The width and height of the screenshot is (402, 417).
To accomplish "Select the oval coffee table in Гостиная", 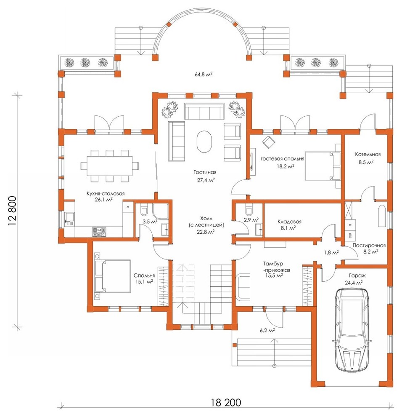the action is [204, 141].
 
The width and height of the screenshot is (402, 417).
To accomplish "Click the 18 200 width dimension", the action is [226, 402].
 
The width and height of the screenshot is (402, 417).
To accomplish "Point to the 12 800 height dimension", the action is [12, 211].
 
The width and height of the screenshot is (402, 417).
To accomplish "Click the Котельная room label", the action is [368, 154].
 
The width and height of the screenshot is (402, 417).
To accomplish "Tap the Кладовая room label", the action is [289, 222].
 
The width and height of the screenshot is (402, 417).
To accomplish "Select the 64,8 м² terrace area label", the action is [204, 74].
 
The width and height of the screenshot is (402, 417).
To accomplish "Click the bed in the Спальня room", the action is [113, 276].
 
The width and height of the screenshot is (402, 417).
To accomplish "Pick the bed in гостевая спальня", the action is [323, 166].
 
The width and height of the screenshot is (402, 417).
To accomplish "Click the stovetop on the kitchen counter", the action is [99, 232].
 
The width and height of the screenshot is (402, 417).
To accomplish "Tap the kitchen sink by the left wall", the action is [70, 219].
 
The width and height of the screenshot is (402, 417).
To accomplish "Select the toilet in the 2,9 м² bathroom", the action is [249, 210].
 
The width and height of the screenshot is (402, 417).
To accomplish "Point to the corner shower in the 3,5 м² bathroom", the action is [161, 212].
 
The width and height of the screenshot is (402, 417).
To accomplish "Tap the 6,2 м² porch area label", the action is [267, 330].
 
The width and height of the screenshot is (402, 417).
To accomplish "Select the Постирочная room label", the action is [369, 246].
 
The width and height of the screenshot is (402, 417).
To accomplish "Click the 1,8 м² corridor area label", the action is [331, 253].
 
